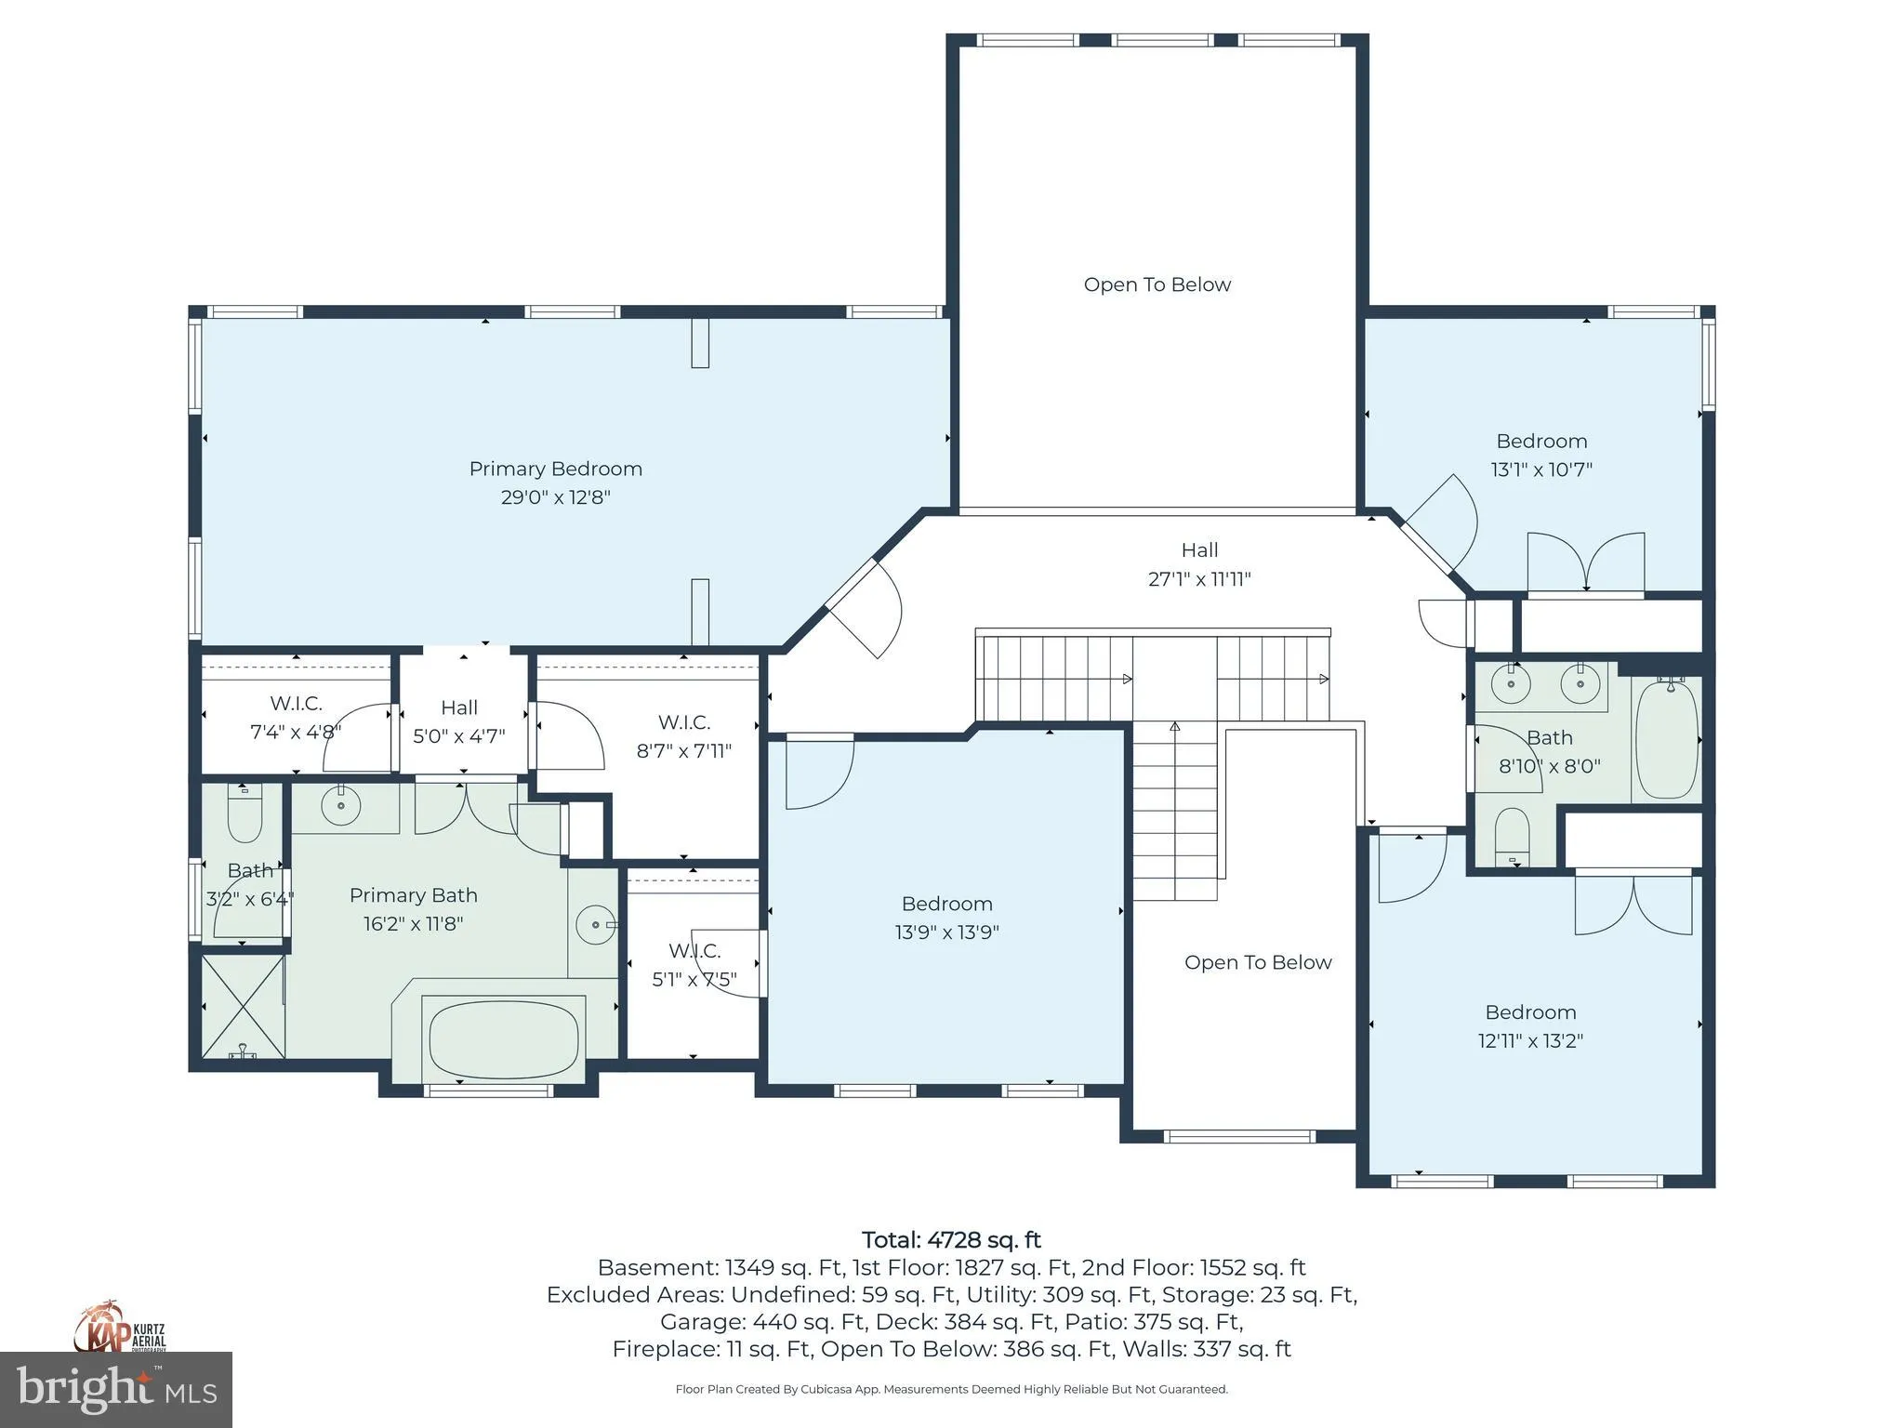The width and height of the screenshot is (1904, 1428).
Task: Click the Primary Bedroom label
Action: tap(555, 469)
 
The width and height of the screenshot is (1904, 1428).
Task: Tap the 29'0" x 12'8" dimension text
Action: tap(555, 496)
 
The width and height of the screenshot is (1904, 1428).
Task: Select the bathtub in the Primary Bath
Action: tap(504, 1037)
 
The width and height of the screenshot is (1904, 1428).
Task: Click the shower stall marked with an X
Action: tap(243, 1006)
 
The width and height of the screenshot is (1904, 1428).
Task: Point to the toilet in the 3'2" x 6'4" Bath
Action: tap(245, 812)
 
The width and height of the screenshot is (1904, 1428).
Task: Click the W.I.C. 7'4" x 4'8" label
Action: tap(296, 718)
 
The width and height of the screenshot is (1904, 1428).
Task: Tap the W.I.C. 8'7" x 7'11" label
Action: tap(684, 736)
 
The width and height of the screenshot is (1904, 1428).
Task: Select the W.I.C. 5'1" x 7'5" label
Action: tap(694, 965)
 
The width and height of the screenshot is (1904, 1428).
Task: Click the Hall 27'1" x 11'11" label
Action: tap(1199, 564)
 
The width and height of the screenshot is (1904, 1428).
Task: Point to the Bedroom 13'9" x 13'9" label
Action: tap(946, 918)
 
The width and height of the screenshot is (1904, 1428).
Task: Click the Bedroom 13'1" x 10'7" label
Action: tap(1541, 455)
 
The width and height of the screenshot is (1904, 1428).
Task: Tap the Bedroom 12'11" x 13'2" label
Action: tap(1530, 1025)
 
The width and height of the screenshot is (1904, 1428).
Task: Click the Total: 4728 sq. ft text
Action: tap(951, 1240)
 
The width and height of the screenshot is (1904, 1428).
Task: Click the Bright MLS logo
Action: tap(116, 1390)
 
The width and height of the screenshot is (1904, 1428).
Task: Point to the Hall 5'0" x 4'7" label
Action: tap(459, 721)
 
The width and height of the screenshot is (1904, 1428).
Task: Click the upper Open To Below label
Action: tap(1157, 284)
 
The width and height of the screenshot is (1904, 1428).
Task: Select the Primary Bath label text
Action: tap(414, 895)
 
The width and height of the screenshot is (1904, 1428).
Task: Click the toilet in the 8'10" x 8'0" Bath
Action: tap(1513, 837)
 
